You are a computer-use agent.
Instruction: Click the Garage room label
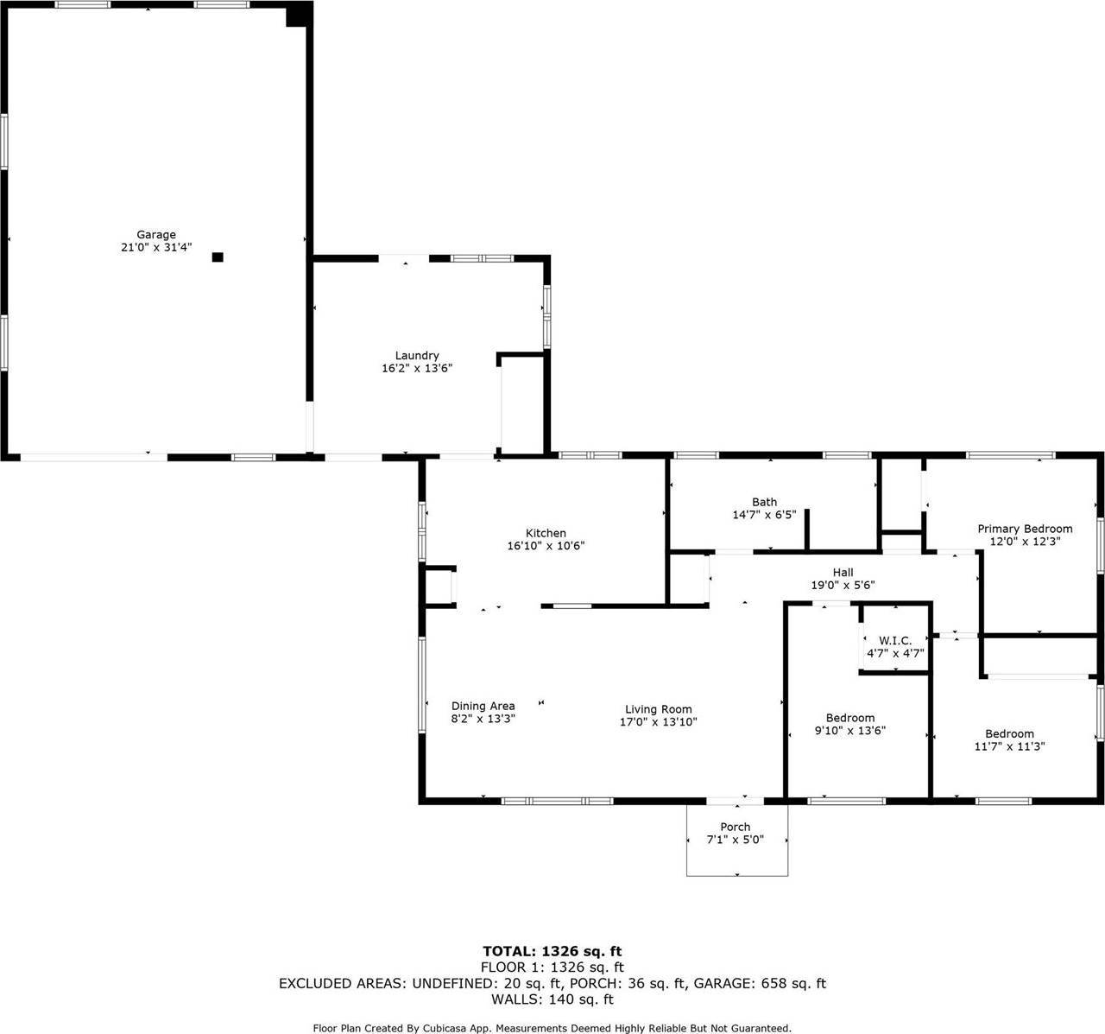156,234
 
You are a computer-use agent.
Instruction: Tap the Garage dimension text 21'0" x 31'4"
156,247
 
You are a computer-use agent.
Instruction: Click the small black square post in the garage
218,257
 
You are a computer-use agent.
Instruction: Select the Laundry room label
417,355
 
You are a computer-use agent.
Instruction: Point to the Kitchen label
546,533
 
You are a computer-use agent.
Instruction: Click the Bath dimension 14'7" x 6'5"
764,515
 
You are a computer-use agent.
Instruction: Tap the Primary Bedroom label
1025,529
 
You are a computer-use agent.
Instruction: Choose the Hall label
843,572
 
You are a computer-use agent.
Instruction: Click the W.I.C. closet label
895,640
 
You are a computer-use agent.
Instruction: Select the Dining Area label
483,706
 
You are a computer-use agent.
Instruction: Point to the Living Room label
659,709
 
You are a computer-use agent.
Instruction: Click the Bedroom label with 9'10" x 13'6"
850,718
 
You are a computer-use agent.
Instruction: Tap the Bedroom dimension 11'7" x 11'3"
1009,747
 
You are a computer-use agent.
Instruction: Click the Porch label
736,827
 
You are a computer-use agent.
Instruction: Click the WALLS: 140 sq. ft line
552,999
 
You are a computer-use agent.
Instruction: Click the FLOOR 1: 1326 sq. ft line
552,967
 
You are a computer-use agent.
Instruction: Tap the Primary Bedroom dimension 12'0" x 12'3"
1025,542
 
